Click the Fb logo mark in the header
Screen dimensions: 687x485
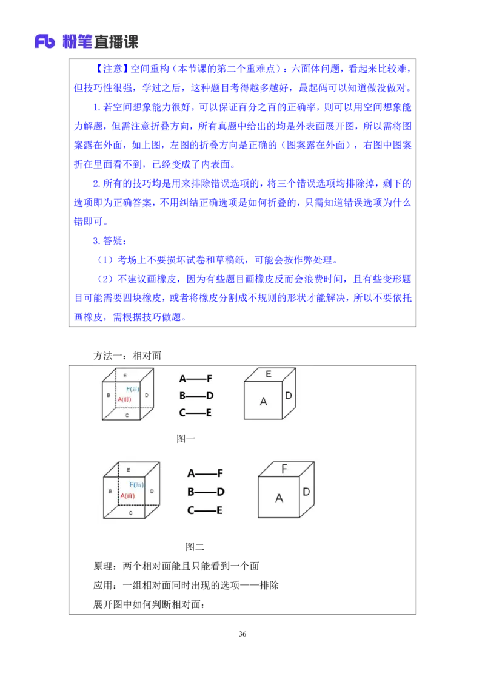pyautogui.click(x=45, y=41)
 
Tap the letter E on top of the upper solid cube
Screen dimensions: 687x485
pyautogui.click(x=269, y=374)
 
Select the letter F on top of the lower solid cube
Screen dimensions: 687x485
pyautogui.click(x=284, y=469)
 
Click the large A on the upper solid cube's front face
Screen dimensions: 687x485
pyautogui.click(x=263, y=401)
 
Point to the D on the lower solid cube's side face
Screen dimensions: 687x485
pyautogui.click(x=307, y=492)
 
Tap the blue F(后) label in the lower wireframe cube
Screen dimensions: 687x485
pyautogui.click(x=136, y=484)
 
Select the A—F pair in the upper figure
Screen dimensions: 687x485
pyautogui.click(x=196, y=379)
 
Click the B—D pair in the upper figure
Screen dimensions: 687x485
pyautogui.click(x=196, y=396)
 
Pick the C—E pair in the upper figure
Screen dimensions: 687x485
pyautogui.click(x=196, y=413)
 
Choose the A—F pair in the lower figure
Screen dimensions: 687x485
pyautogui.click(x=206, y=473)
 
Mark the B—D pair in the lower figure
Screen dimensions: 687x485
pyautogui.click(x=206, y=492)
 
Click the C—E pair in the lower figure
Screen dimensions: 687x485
pyautogui.click(x=206, y=510)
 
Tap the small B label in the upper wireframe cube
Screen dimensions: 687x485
pyautogui.click(x=108, y=395)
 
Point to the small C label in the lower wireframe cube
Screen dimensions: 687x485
pyautogui.click(x=131, y=513)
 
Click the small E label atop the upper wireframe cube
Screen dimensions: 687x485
pyautogui.click(x=125, y=376)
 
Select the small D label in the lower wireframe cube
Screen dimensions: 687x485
pyautogui.click(x=151, y=490)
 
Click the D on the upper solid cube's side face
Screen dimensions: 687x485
pyautogui.click(x=289, y=396)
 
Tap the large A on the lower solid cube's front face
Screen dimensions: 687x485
pyautogui.click(x=279, y=498)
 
